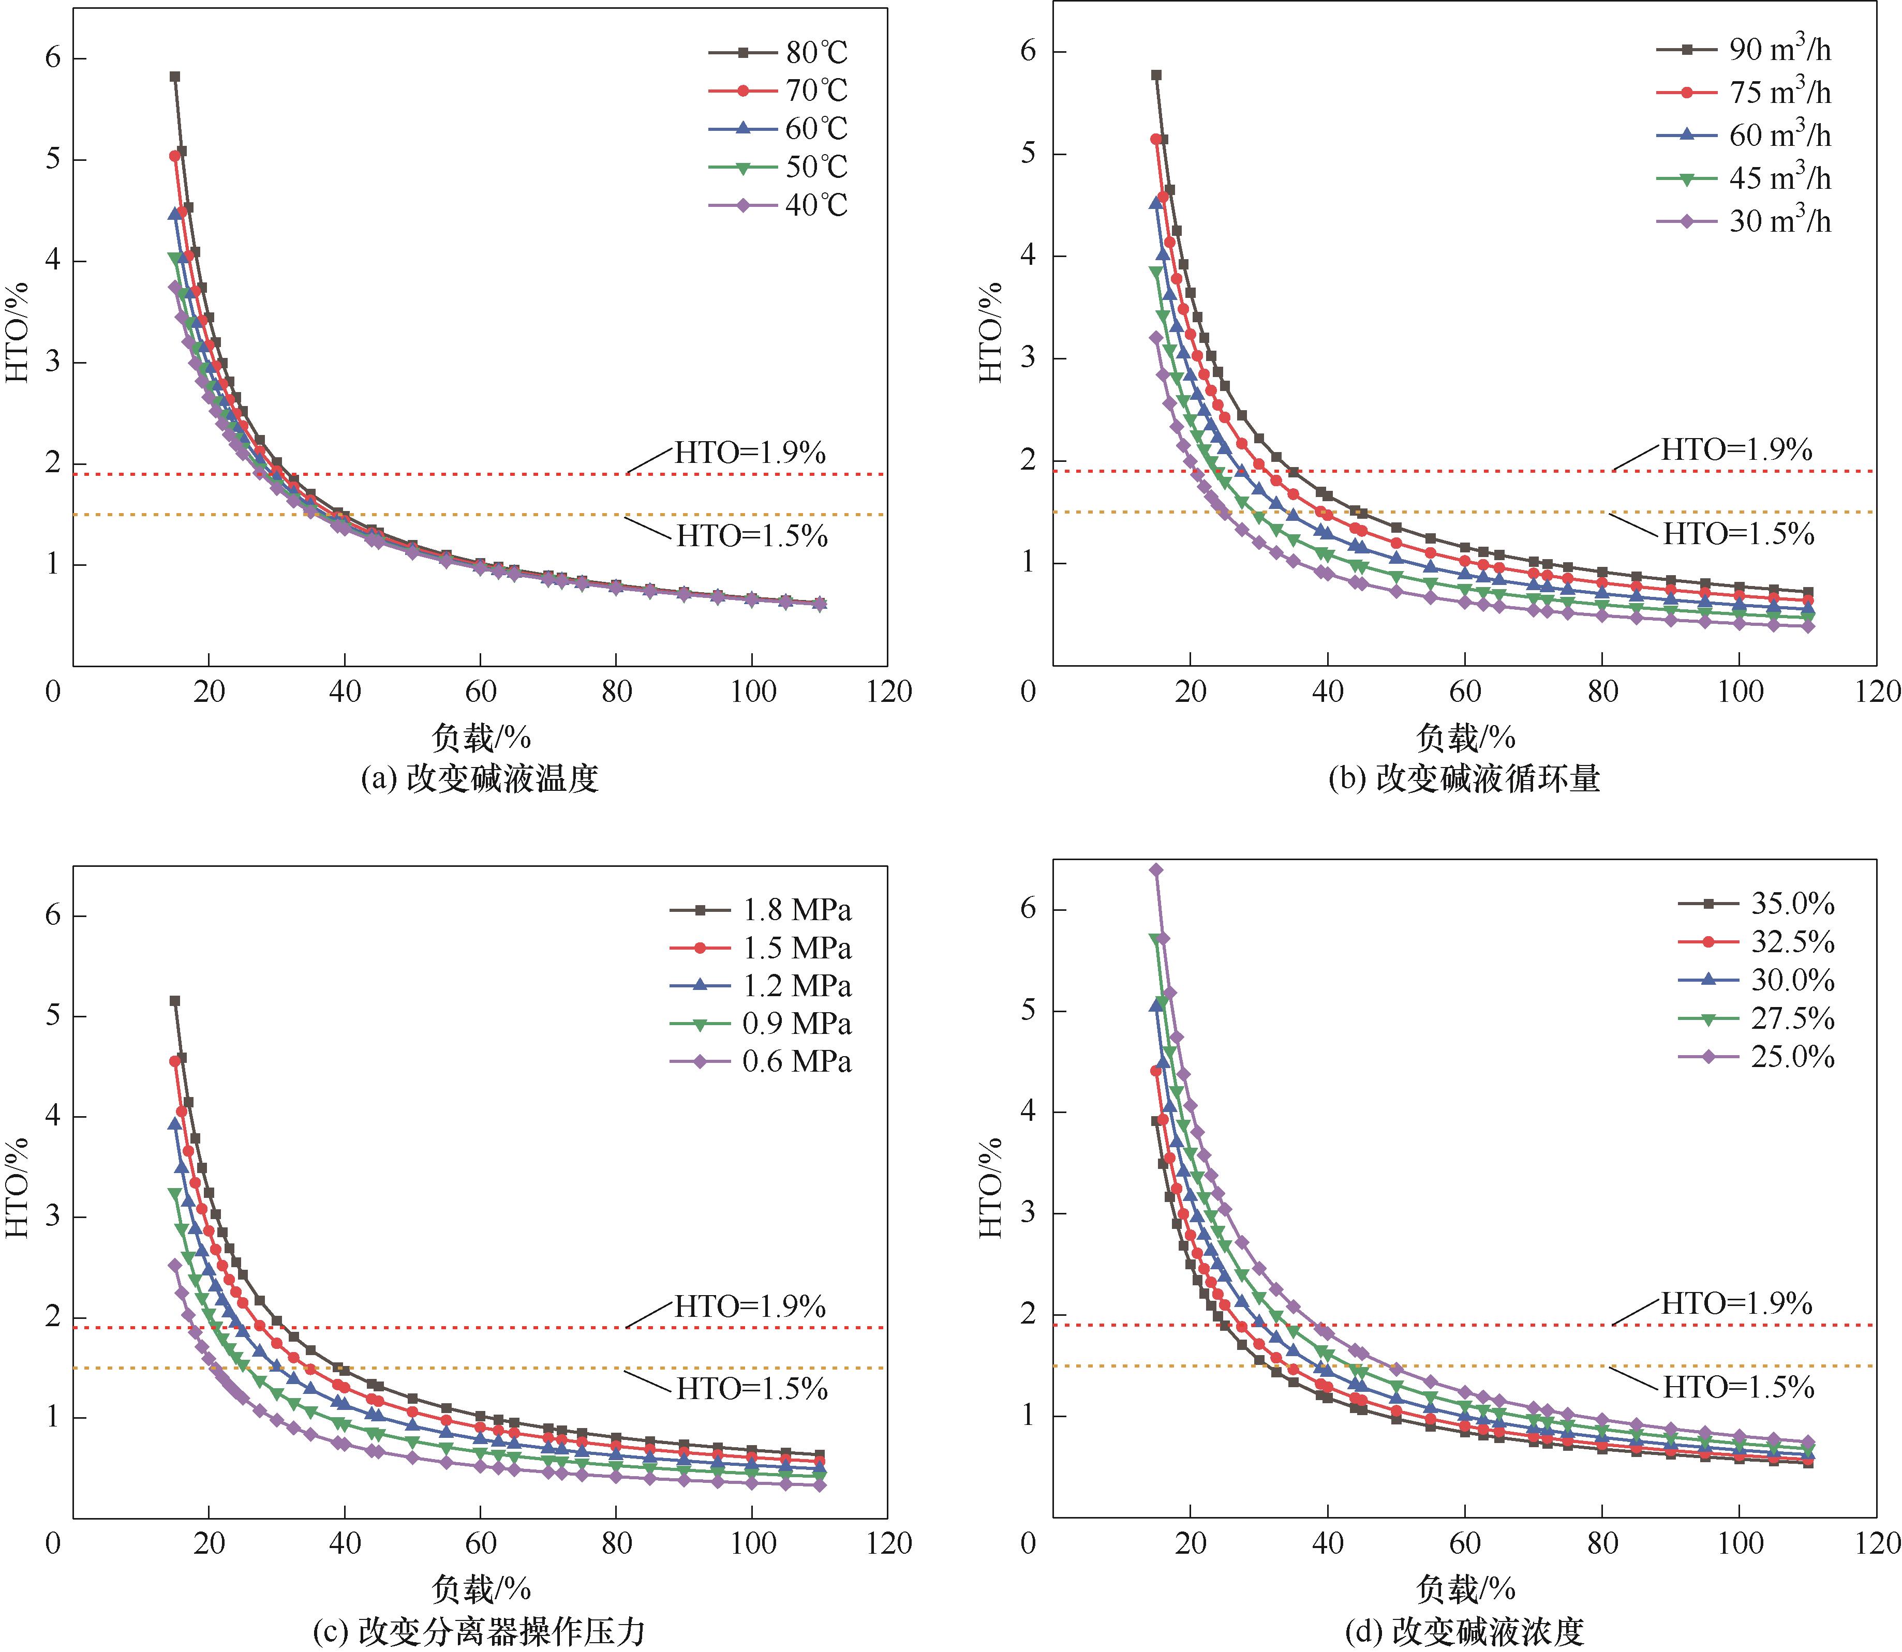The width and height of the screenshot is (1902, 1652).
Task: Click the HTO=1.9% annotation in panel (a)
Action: [750, 453]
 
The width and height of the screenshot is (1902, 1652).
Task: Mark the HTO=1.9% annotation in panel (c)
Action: [750, 1306]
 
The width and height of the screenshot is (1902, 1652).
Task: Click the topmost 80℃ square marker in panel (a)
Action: [174, 77]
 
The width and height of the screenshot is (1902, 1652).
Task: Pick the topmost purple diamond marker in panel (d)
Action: [1155, 869]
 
